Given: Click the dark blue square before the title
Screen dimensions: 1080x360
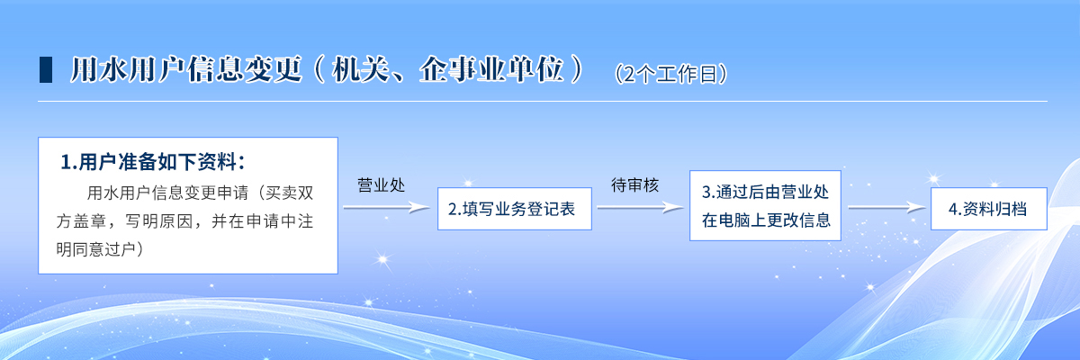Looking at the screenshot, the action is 46,70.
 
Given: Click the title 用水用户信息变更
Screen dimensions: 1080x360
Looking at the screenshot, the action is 186,69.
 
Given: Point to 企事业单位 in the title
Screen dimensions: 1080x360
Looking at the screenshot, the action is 491,69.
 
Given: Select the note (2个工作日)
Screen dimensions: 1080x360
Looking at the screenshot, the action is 670,74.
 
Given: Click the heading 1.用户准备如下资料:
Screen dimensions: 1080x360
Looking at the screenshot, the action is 153,162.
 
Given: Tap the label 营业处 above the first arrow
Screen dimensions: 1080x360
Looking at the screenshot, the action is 381,185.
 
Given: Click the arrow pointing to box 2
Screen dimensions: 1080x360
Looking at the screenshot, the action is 387,208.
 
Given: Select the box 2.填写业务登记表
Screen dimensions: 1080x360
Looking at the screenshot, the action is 515,209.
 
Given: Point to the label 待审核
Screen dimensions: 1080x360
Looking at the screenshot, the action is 635,185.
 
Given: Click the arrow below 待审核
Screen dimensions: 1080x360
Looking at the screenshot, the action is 641,208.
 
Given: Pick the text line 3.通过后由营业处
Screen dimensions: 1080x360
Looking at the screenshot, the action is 765,192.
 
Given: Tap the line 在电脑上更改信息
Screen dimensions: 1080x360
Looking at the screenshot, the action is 766,220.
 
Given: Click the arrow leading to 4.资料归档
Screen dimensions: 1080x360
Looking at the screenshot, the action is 887,208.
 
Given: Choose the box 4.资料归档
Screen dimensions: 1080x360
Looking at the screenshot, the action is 989,209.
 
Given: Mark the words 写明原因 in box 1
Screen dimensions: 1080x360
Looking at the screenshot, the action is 159,221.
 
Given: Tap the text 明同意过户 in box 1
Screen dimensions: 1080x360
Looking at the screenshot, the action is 95,249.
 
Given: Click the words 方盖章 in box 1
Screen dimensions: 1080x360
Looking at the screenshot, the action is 81,221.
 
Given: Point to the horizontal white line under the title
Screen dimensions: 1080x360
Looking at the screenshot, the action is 543,101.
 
